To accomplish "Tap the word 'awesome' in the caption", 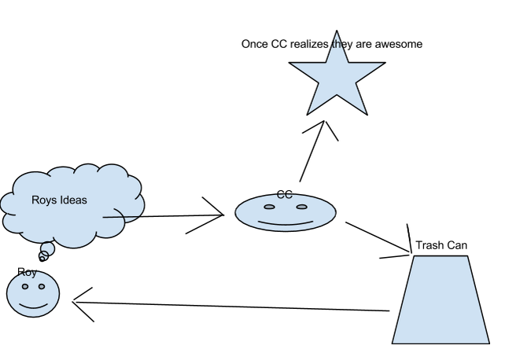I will pos(397,44).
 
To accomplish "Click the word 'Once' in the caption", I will pos(255,44).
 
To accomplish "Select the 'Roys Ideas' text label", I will pos(59,200).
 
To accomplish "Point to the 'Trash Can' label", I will pos(441,245).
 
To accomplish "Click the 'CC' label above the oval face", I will pos(285,194).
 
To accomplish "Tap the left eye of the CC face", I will pos(269,207).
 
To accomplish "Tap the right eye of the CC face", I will pos(302,207).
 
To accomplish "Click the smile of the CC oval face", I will pos(285,223).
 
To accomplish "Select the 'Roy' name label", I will pos(27,272).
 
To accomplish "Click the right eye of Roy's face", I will pos(42,286).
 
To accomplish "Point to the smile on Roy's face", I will pos(33,304).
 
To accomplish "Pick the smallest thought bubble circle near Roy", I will pos(42,259).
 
